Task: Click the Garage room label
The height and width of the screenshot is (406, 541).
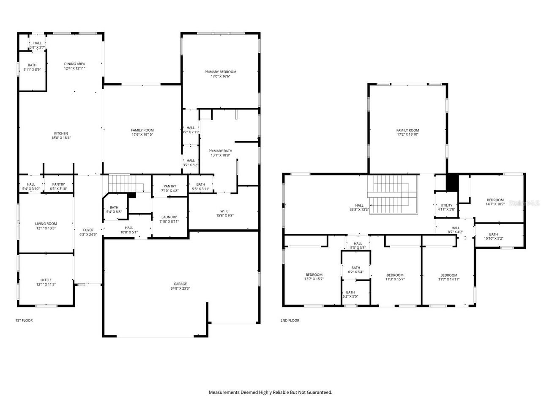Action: click(x=180, y=284)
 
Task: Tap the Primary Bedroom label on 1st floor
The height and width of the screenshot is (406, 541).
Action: click(x=220, y=72)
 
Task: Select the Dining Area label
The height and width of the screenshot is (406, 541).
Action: click(x=75, y=64)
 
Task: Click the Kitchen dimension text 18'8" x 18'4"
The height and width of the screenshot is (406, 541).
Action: click(x=61, y=138)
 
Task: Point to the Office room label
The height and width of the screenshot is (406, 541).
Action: click(x=46, y=280)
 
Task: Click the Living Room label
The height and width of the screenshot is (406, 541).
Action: click(x=46, y=224)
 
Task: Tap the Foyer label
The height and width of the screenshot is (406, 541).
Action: click(x=88, y=230)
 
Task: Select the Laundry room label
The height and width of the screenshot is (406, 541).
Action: click(x=169, y=217)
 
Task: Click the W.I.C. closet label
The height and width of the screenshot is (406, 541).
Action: click(x=224, y=211)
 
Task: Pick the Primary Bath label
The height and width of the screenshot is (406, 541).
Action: click(x=220, y=151)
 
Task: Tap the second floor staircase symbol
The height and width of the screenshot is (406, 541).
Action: click(x=391, y=195)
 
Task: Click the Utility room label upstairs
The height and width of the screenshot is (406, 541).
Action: click(x=446, y=205)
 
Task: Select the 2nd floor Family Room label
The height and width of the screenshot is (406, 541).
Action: click(x=407, y=130)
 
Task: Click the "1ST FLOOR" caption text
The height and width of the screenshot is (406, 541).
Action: click(x=24, y=321)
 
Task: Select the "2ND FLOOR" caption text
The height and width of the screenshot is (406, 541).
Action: click(x=290, y=321)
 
